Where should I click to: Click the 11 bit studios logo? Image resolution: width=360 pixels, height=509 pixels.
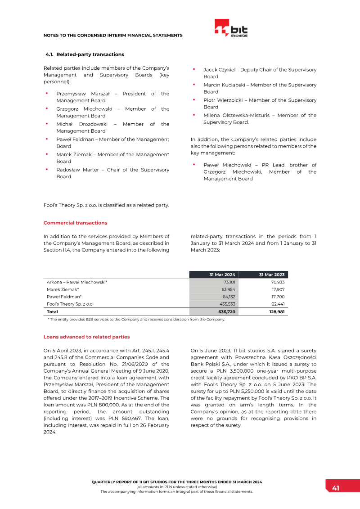coord(231,28)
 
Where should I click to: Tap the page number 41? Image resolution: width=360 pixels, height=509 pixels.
coord(336,488)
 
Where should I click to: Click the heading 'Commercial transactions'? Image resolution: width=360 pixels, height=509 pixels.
coord(75,223)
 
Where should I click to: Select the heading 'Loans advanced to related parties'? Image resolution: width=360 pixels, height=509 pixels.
coord(86,337)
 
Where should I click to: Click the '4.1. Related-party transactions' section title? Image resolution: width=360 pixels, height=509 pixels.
coord(85,54)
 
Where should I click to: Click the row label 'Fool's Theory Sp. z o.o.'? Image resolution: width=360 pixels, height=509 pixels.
coord(70,304)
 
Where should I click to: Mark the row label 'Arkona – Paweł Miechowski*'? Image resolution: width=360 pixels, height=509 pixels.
coord(77,282)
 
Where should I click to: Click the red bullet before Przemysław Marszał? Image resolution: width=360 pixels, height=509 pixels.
coord(46,93)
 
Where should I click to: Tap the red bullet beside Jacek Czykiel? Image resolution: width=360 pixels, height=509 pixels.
coord(193,69)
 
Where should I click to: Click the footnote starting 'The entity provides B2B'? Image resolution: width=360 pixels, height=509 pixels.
coord(136,320)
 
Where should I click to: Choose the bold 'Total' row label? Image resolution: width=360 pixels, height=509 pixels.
coord(52,311)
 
